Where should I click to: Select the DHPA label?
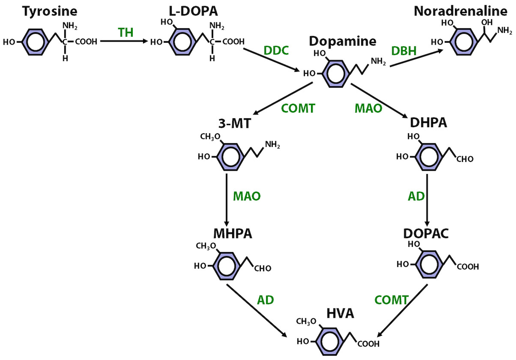[428, 123]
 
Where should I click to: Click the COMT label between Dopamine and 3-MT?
[298, 108]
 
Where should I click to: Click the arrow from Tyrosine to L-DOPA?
[124, 41]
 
